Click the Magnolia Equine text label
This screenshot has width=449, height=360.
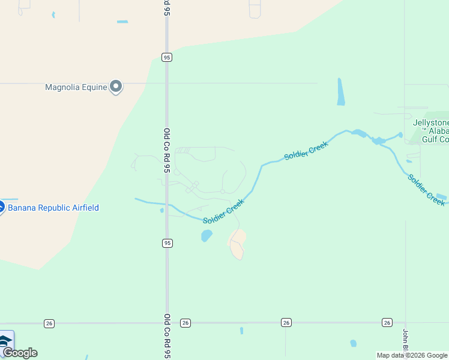coord(76,88)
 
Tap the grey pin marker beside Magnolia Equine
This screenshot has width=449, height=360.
coord(116,87)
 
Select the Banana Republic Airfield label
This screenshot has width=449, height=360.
coord(53,208)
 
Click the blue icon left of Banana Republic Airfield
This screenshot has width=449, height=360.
coord(1,208)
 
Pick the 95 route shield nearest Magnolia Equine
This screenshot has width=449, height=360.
coord(167,57)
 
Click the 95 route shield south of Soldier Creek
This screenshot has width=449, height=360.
coord(167,243)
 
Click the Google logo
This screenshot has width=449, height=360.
coord(20,353)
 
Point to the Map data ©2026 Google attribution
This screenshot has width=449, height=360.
coord(412,355)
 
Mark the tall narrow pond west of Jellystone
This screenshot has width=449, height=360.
coord(341,92)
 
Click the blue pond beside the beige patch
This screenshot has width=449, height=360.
coord(206,236)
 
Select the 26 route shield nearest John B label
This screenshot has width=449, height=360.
coord(387,323)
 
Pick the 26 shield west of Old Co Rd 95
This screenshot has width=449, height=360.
coord(49,323)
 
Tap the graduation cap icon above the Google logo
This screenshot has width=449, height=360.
coord(5,341)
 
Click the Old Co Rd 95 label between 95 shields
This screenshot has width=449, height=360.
coord(167,150)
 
